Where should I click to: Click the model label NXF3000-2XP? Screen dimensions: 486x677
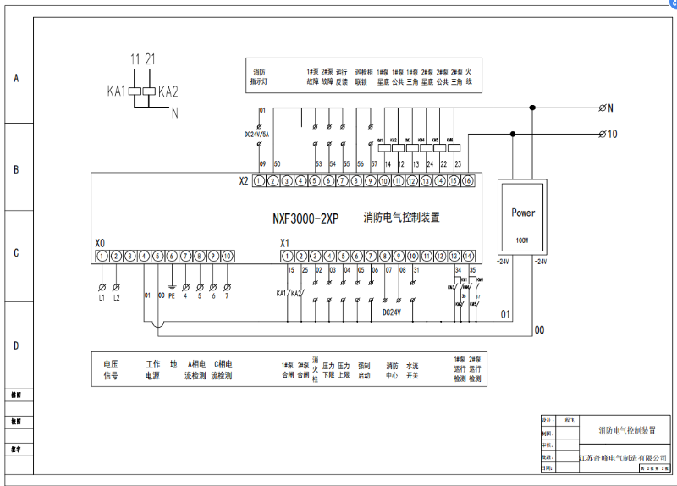[305, 218]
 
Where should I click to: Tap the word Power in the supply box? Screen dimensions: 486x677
[523, 213]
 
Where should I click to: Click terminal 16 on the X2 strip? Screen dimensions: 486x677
[466, 181]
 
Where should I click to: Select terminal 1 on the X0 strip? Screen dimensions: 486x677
[102, 256]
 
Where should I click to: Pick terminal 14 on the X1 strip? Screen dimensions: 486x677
[468, 256]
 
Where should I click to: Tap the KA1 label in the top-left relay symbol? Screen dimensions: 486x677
[117, 91]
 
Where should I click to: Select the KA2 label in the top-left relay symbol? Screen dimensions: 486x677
[168, 91]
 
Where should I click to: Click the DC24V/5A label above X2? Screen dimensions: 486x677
[258, 135]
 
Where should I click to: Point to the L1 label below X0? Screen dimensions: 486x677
[102, 297]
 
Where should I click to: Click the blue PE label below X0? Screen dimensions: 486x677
[171, 296]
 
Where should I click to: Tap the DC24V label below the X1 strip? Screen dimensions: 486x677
[391, 312]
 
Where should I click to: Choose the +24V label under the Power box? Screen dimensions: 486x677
[502, 262]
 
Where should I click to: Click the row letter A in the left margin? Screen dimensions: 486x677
[15, 79]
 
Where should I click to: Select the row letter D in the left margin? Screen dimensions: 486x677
[15, 347]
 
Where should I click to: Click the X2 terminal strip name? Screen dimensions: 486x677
[244, 181]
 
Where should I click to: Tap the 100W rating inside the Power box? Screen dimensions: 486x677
[523, 240]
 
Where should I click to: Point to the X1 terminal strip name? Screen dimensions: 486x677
[285, 244]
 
